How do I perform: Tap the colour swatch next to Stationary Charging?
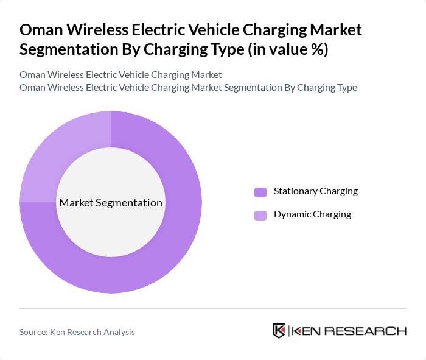tap(260, 192)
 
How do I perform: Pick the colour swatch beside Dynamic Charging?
tap(260, 215)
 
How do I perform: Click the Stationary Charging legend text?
tap(315, 191)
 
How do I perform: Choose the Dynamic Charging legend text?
tap(312, 214)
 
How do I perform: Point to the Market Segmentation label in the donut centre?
tap(111, 203)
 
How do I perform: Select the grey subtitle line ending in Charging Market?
tap(120, 74)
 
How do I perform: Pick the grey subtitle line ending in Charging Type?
tap(188, 87)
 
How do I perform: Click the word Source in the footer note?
tap(33, 332)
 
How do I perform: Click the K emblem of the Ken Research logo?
tap(279, 331)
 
